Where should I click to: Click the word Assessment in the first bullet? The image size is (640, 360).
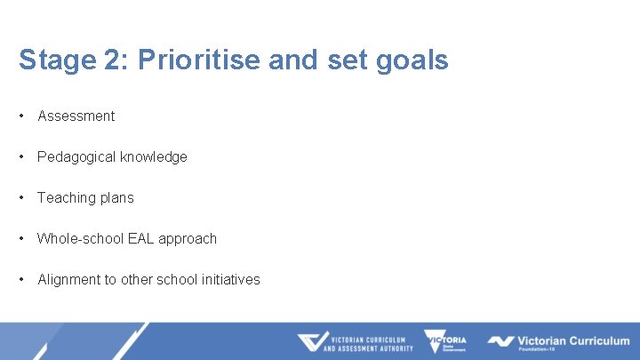[x=76, y=116]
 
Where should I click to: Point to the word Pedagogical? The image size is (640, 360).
[x=76, y=156]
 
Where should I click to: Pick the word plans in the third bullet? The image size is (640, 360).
[x=116, y=197]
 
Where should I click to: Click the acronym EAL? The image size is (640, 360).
[x=142, y=238]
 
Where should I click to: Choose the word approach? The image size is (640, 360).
[x=188, y=238]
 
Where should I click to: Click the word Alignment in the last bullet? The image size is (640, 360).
[x=68, y=279]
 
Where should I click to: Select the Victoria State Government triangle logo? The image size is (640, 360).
[x=444, y=342]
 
